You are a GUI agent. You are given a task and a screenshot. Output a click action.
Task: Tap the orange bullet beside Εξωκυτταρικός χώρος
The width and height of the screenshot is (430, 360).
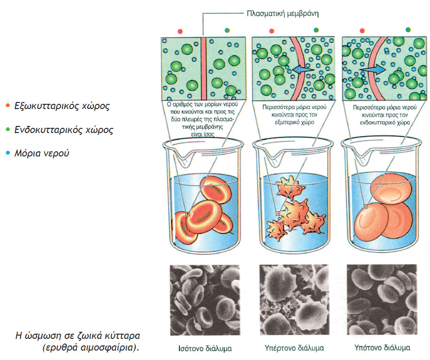click(x=6, y=106)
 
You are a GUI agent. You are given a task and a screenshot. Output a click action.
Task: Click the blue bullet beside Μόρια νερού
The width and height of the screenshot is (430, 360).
click(x=6, y=153)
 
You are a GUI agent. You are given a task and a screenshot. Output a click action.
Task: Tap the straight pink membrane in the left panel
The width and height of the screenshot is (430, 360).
click(x=203, y=66)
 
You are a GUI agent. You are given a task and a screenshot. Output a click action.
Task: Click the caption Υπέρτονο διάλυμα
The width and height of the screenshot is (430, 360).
click(x=294, y=349)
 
